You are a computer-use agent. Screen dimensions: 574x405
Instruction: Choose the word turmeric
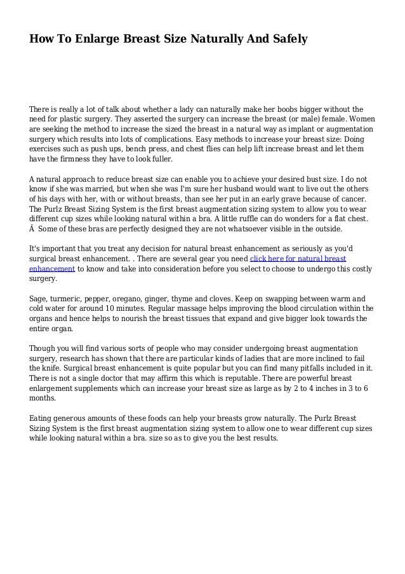tap(72, 297)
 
